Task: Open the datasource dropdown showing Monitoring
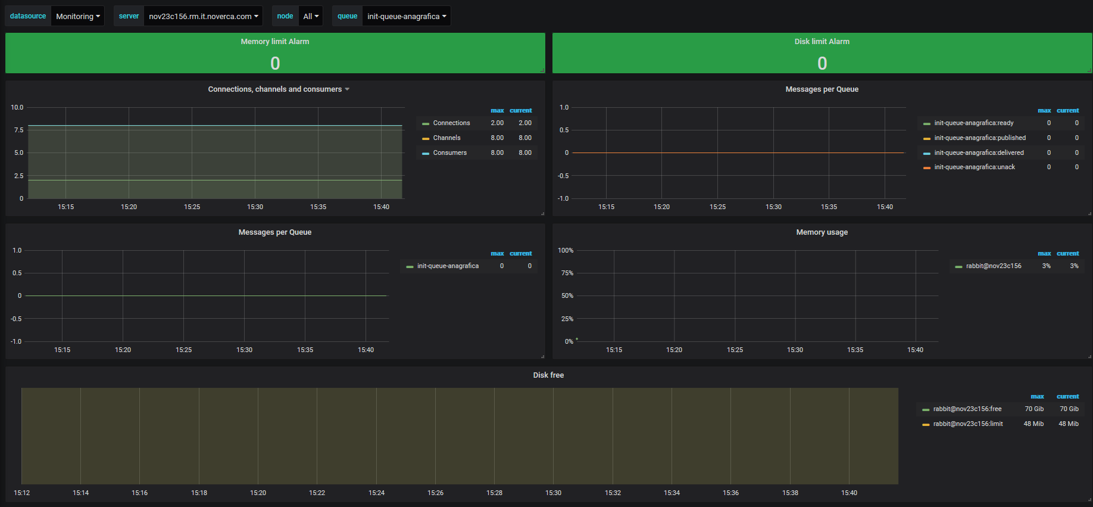[x=77, y=16]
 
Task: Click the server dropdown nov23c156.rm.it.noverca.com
[x=203, y=16]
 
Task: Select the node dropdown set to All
[x=311, y=16]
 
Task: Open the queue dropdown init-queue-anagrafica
[x=406, y=16]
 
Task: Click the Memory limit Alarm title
[x=275, y=42]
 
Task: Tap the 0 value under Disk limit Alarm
[x=822, y=63]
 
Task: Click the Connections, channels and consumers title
[x=275, y=89]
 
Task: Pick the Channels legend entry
[x=446, y=138]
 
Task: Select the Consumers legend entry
[x=449, y=153]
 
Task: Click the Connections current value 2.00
[x=525, y=123]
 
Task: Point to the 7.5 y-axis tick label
[x=19, y=130]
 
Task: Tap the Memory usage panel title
[x=822, y=232]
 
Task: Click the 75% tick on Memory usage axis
[x=567, y=273]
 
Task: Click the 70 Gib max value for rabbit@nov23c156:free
[x=1034, y=409]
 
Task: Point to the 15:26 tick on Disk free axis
[x=435, y=493]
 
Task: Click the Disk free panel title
[x=548, y=375]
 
